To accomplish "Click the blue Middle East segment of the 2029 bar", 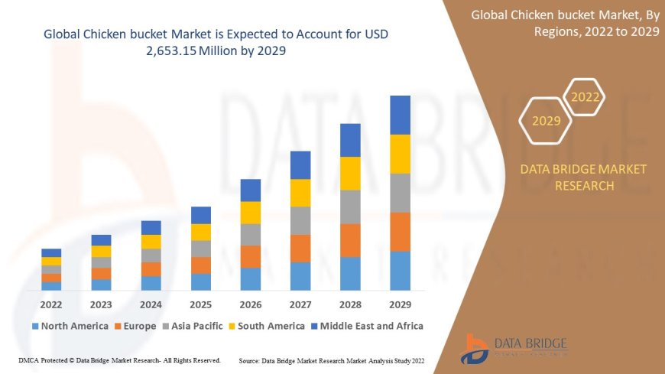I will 400,115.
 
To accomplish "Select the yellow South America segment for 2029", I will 400,154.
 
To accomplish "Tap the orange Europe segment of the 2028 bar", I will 350,240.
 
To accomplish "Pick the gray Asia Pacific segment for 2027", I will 300,220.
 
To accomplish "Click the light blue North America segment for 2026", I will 251,278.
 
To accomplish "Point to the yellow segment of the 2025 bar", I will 201,232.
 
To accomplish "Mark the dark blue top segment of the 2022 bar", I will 51,252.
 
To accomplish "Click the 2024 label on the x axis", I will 151,304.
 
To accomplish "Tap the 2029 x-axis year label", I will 400,304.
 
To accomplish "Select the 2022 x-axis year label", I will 51,304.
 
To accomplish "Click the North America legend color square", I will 34,327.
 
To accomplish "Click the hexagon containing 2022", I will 586,97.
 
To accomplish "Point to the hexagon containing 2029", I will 546,121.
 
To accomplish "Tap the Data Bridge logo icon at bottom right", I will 475,348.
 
